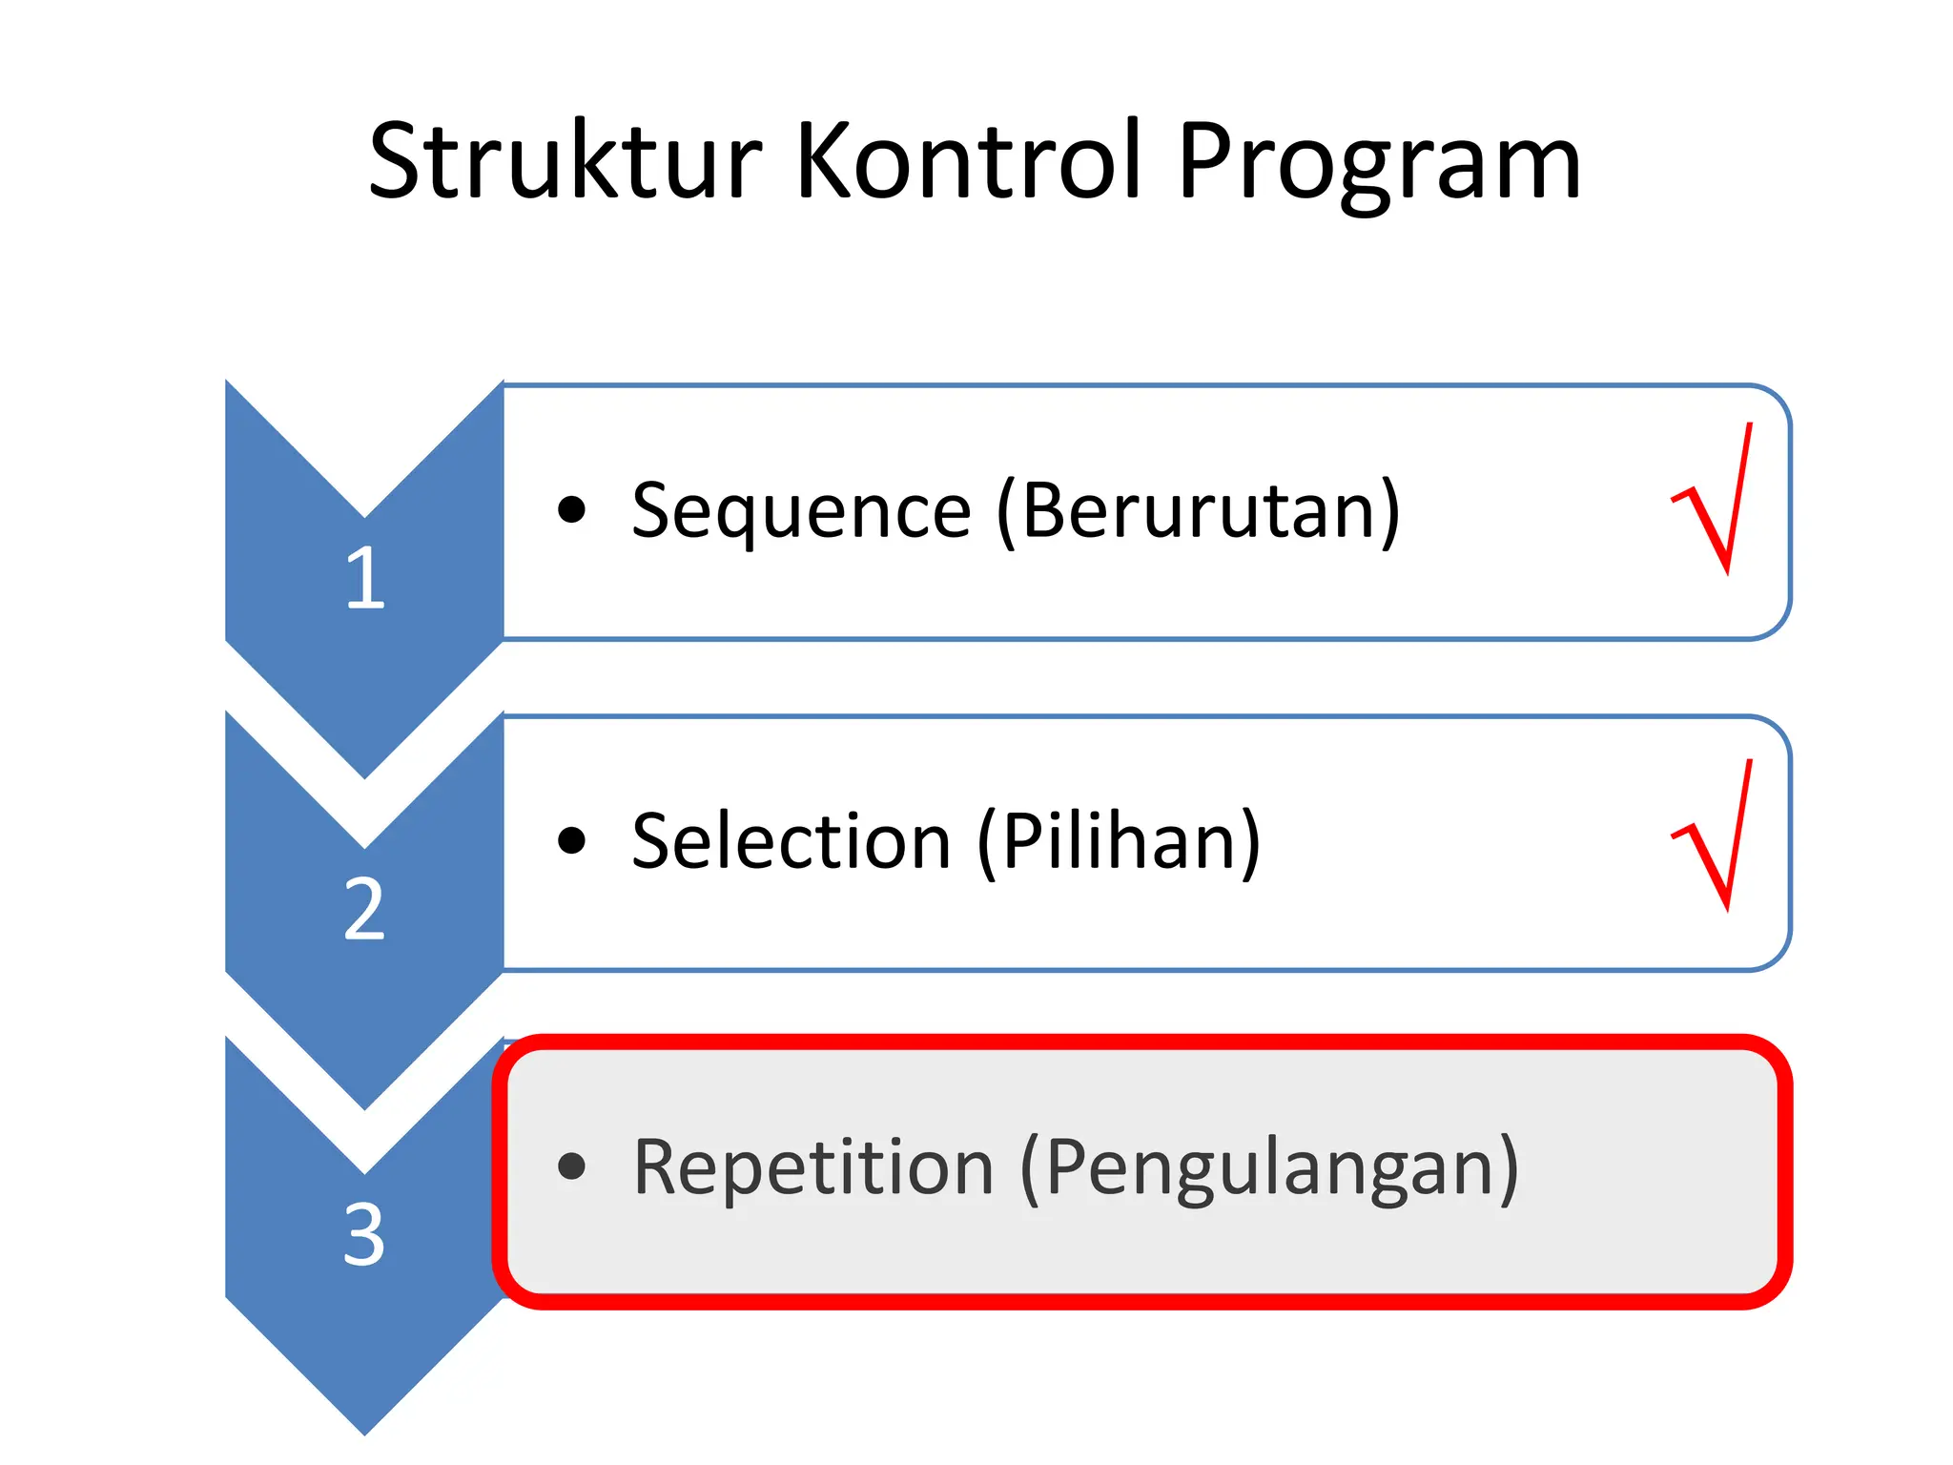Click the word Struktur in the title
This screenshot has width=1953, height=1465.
click(565, 162)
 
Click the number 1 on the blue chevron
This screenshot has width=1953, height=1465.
click(365, 578)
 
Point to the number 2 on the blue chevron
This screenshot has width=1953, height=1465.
click(364, 909)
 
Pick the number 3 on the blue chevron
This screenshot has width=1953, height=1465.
click(364, 1235)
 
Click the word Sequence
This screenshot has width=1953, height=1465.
click(801, 512)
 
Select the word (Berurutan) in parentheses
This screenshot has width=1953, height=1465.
click(1199, 512)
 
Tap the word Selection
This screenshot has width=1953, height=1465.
click(791, 841)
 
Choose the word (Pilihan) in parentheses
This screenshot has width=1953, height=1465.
click(1119, 841)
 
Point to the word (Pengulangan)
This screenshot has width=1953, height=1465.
click(1268, 1169)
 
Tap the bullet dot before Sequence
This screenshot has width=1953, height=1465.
click(571, 510)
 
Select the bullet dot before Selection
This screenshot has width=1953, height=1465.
click(571, 840)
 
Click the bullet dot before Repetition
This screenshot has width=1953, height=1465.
click(571, 1166)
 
